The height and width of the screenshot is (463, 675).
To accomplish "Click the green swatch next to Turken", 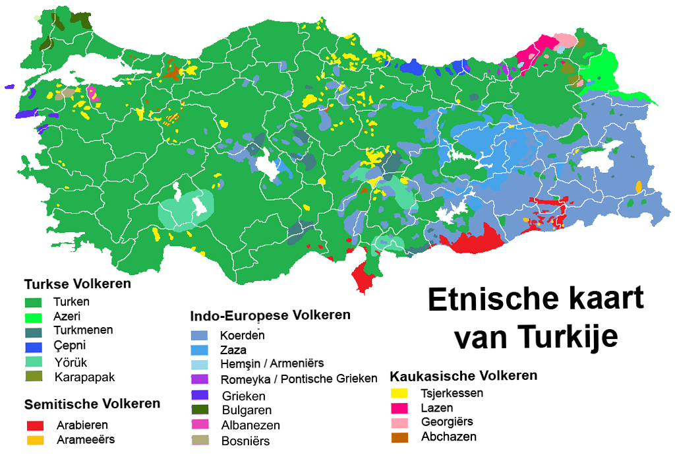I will click(x=33, y=302).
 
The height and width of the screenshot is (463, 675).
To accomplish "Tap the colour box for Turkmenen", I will click(x=33, y=331).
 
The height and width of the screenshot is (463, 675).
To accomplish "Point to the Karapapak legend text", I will click(x=86, y=377).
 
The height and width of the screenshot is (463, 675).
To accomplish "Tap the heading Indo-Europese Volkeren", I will click(x=270, y=315).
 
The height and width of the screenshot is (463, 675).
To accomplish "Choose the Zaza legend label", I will click(x=233, y=350).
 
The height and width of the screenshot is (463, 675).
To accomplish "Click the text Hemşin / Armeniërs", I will click(x=272, y=363).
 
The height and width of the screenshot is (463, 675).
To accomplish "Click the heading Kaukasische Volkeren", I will click(x=463, y=376).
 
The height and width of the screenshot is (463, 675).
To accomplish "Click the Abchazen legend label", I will click(x=448, y=437).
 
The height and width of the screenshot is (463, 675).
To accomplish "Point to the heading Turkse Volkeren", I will click(x=77, y=284).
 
